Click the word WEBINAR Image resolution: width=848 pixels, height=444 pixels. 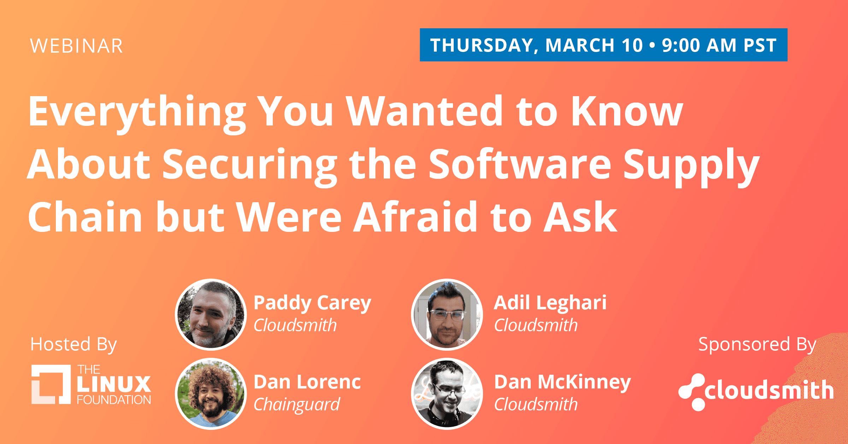(77, 46)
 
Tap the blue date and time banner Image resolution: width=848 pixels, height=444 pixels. (603, 45)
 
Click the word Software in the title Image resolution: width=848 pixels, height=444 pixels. (520, 164)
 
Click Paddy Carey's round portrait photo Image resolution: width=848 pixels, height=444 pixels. (211, 315)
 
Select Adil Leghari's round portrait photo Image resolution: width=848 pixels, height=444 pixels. (447, 315)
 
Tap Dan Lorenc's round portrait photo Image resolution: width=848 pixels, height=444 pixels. (211, 394)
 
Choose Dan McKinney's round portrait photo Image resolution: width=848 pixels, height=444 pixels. (447, 394)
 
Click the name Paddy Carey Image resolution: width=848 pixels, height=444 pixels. (312, 303)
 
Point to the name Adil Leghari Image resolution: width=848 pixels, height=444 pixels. (550, 303)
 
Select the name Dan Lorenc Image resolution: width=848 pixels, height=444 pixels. (307, 382)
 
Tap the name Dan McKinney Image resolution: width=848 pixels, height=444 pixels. (563, 382)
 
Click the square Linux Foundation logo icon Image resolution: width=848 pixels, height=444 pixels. (51, 384)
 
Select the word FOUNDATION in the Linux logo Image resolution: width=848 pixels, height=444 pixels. (114, 400)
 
